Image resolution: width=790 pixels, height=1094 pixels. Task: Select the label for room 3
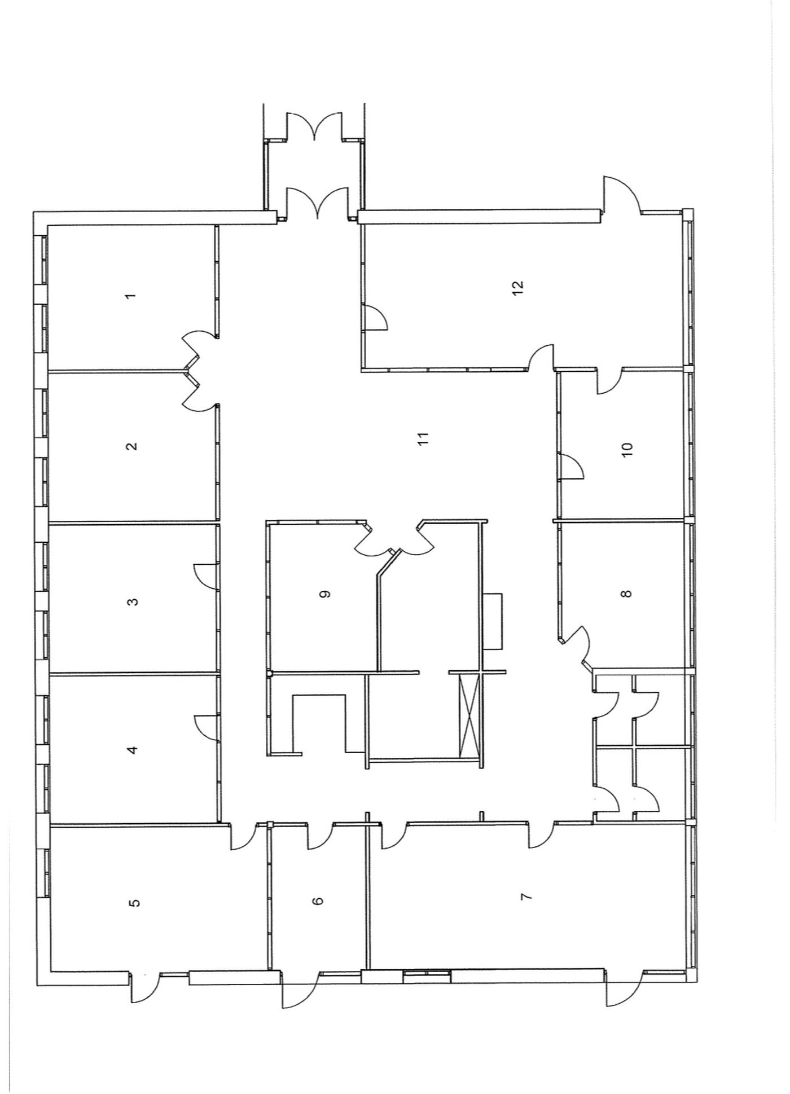pos(133,601)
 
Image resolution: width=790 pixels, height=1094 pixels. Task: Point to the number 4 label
pos(133,750)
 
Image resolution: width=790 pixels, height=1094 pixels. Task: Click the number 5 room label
pos(134,903)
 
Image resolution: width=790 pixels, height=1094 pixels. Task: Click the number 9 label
pos(324,594)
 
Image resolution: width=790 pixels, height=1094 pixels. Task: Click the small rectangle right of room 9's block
pos(493,621)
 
